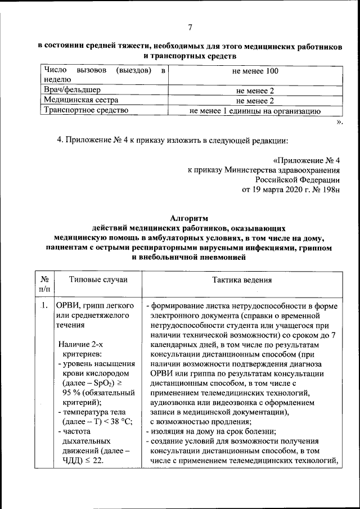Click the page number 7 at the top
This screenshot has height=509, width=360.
tap(190, 28)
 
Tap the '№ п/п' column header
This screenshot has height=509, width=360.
tap(44, 284)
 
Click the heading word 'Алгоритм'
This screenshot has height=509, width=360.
tap(189, 218)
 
